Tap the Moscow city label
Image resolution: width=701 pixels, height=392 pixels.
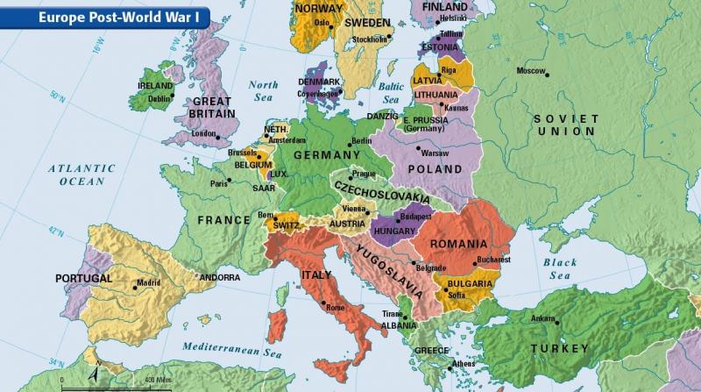tap(531, 70)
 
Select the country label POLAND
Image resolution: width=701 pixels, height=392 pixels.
tap(435, 168)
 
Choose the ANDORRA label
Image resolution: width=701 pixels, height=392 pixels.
tap(219, 278)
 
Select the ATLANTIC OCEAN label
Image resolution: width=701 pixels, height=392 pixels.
tap(81, 175)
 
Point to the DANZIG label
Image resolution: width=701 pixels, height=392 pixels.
tap(382, 116)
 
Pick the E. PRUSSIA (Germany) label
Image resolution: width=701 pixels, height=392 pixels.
tap(427, 124)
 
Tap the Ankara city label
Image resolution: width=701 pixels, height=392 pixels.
tap(543, 317)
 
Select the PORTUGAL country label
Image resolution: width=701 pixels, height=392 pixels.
tap(83, 278)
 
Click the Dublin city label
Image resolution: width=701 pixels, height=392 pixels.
tap(159, 99)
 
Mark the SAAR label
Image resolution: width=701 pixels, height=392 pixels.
tap(263, 187)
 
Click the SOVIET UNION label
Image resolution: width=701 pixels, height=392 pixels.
tap(566, 125)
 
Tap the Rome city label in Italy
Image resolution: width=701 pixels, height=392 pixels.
tap(336, 308)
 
